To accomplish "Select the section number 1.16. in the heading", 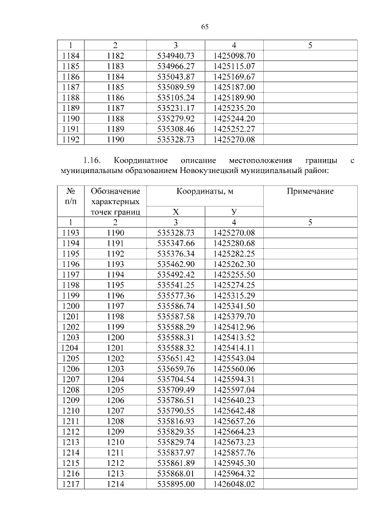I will click(93, 160).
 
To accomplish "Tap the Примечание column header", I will click(310, 191).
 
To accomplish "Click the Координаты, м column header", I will click(204, 191).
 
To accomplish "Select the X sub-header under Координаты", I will click(176, 212).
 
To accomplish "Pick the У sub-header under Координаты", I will click(234, 212).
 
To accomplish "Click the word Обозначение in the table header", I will click(115, 191).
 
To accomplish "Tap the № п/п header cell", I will click(70, 196).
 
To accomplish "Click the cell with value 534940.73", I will click(176, 55).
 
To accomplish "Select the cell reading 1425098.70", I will click(234, 55).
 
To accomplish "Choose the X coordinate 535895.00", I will click(176, 484).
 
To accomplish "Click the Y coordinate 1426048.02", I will click(234, 484).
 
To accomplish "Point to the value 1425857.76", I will click(234, 452).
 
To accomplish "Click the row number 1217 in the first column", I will click(70, 484).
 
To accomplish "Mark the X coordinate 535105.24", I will click(176, 97).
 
